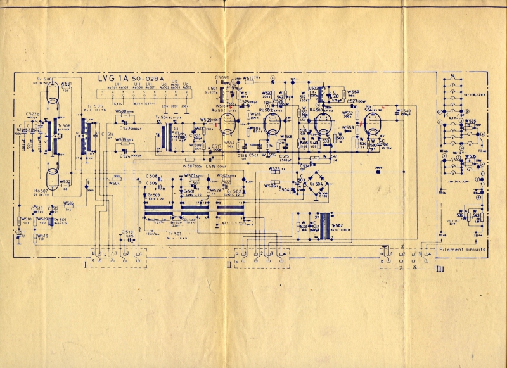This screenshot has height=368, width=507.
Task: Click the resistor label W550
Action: [354, 92]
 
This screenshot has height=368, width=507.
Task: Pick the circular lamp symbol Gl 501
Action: [183, 136]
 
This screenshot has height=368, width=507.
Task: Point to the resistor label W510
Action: [25, 219]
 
